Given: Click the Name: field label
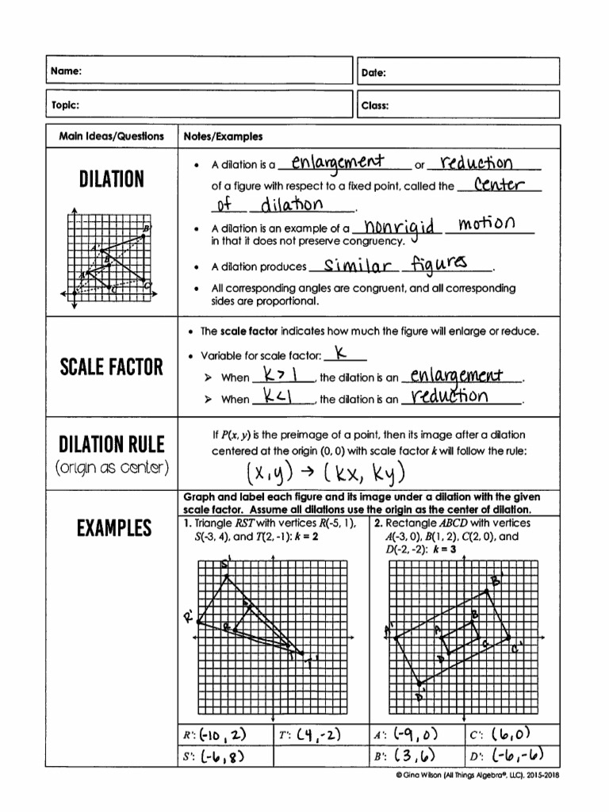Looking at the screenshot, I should (x=67, y=72).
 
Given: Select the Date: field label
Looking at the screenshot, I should (x=373, y=72).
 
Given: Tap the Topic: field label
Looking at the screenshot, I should (x=66, y=105).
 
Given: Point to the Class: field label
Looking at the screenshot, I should (x=374, y=105).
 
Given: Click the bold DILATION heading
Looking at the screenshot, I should (x=110, y=179).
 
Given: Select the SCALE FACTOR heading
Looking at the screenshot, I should (x=111, y=367).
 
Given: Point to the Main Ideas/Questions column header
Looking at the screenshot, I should (x=112, y=136).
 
